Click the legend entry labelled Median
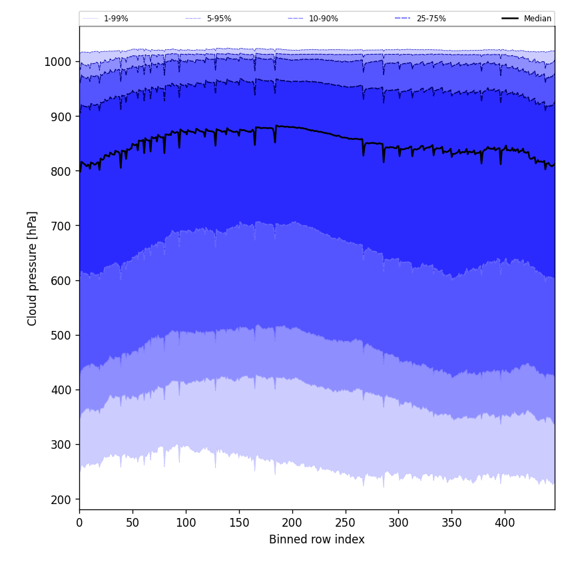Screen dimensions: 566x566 pyautogui.click(x=537, y=19)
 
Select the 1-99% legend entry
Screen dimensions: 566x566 pyautogui.click(x=116, y=19)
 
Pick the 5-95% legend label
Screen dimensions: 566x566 pyautogui.click(x=219, y=19)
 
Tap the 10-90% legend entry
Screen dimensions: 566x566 pyautogui.click(x=323, y=19)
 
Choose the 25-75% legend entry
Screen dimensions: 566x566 pyautogui.click(x=431, y=19)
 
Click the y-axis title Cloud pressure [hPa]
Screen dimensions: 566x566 pyautogui.click(x=33, y=268)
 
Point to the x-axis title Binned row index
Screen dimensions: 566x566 pyautogui.click(x=317, y=539)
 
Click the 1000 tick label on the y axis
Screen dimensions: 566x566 pyautogui.click(x=58, y=62)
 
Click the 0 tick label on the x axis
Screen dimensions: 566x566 pyautogui.click(x=79, y=523)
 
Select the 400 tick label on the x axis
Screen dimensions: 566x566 pyautogui.click(x=505, y=523)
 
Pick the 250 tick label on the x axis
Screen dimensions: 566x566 pyautogui.click(x=345, y=523)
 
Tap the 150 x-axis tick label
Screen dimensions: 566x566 pyautogui.click(x=239, y=523)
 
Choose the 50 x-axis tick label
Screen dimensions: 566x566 pyautogui.click(x=133, y=523)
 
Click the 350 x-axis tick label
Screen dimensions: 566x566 pyautogui.click(x=451, y=523)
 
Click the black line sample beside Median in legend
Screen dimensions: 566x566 pyautogui.click(x=511, y=19)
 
